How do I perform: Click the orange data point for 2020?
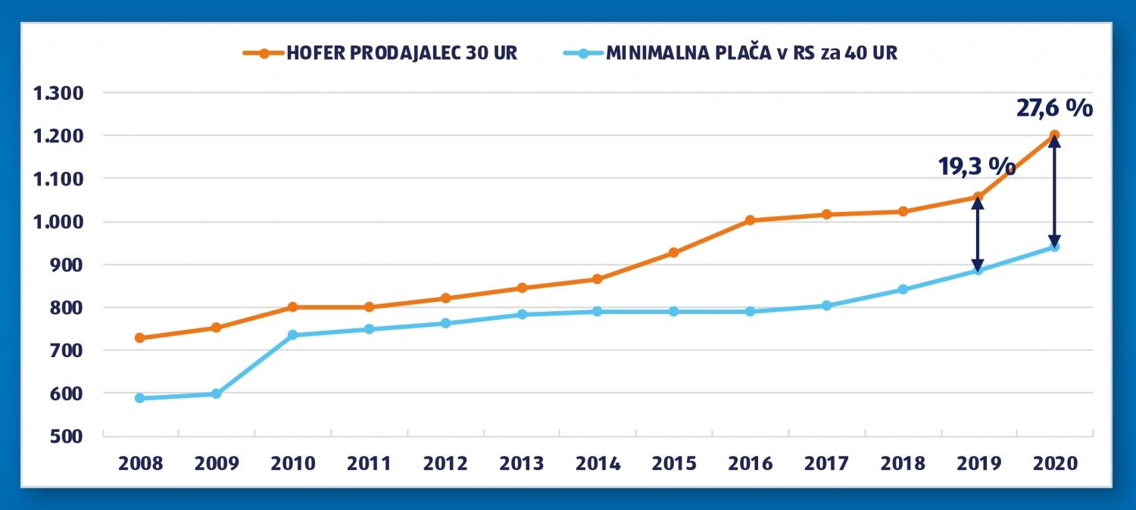[1053, 135]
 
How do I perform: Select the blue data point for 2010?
[292, 334]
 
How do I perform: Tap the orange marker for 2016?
[750, 220]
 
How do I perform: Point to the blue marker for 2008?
[140, 398]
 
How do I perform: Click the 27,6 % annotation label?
[1054, 107]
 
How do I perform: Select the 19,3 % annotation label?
[977, 166]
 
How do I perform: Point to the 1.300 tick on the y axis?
[59, 93]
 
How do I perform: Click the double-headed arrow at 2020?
[1053, 191]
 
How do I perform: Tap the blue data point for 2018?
[902, 289]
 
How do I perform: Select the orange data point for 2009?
[216, 328]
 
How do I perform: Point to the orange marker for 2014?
[598, 279]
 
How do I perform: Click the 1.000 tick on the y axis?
[59, 222]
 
